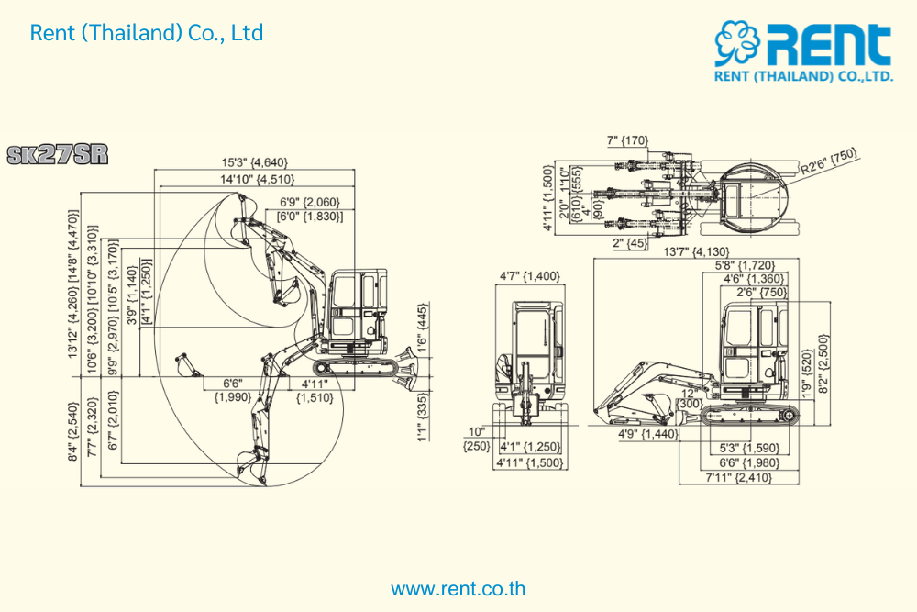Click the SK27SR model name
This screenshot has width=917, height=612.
coord(57,154)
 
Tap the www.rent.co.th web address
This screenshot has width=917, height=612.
coord(458,588)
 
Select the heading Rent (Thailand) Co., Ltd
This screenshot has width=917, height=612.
coord(147,33)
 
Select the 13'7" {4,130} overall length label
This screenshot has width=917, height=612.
coord(698,251)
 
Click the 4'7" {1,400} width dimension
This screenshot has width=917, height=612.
coord(529,275)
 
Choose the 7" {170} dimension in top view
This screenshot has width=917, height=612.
coord(628,141)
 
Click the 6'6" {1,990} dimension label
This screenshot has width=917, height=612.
coord(233,390)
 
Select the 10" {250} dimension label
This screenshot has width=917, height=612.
coord(476,439)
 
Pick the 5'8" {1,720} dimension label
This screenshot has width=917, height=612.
coord(748,265)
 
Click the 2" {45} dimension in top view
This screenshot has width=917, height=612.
coord(628,244)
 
